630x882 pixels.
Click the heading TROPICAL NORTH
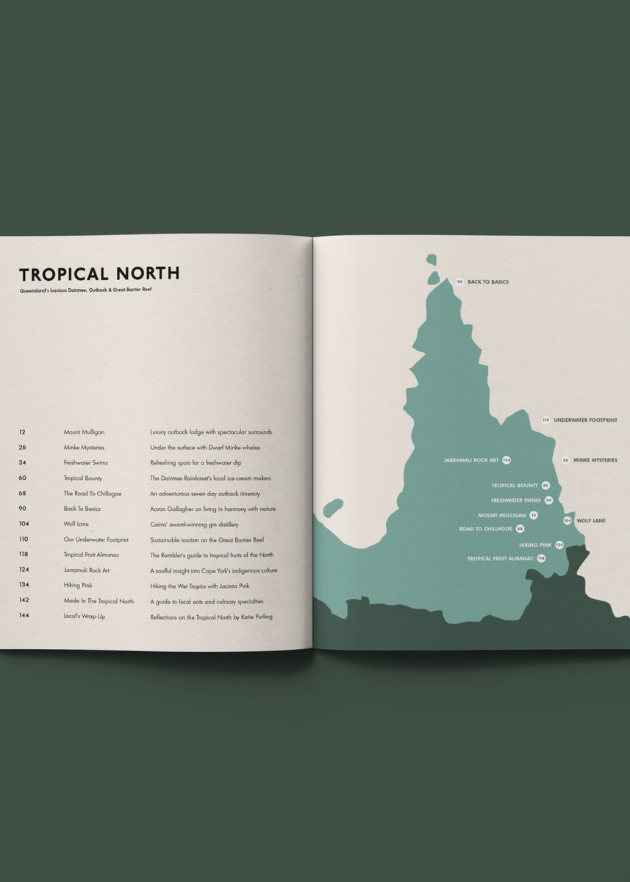tap(99, 274)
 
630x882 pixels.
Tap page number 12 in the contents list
tap(23, 432)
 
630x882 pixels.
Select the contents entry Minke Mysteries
tap(84, 448)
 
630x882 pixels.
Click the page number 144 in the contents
tap(24, 616)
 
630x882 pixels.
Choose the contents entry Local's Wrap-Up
tap(85, 616)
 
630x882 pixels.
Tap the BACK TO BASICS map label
tap(488, 282)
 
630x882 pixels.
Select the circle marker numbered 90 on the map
tap(459, 282)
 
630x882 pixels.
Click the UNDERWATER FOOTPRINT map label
tap(585, 420)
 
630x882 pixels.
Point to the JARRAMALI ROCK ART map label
tap(471, 460)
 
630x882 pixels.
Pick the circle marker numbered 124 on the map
tap(506, 460)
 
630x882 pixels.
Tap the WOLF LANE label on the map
tap(591, 520)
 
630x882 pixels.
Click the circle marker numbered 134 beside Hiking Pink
tap(559, 545)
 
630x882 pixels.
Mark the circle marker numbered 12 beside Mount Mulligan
tap(534, 515)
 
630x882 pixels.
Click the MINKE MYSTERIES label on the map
tap(595, 460)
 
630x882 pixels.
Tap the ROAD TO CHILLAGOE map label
tap(486, 528)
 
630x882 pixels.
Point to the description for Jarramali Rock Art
tap(214, 570)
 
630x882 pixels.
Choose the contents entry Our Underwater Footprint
tap(96, 539)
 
